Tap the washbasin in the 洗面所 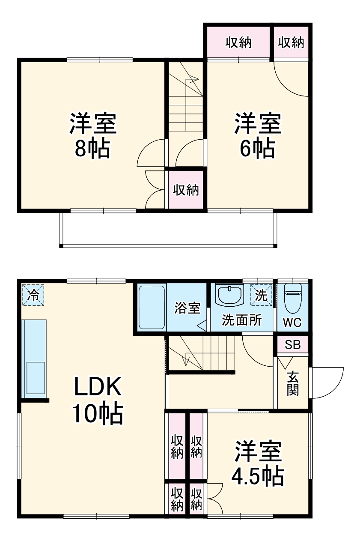point(230,296)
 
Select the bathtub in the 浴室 point(152,306)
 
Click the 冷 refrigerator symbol point(33,295)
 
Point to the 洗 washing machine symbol point(261,295)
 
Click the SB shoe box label point(293,344)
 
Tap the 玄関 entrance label point(293,383)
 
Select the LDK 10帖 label point(98,400)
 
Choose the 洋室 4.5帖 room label point(257,463)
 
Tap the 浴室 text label point(187,308)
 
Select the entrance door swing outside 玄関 point(327,382)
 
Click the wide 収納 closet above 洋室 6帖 point(239,42)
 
